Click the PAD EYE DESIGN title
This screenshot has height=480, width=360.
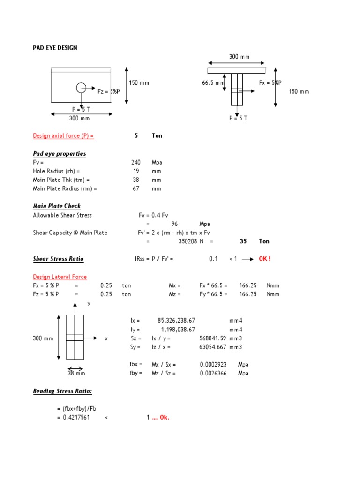click(55, 48)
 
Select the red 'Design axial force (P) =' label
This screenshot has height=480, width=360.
click(63, 135)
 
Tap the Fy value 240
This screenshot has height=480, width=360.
click(136, 162)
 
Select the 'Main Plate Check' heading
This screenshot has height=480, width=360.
click(57, 206)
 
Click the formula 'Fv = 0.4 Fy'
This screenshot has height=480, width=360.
click(153, 215)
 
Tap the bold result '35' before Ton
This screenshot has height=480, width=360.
click(243, 241)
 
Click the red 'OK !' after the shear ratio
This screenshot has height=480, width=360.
click(265, 259)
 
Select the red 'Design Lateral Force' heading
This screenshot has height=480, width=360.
click(60, 277)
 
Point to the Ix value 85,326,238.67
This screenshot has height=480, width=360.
click(176, 321)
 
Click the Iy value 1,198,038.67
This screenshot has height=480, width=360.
click(178, 330)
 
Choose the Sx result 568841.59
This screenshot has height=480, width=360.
click(213, 338)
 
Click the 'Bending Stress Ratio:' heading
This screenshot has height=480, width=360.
click(62, 391)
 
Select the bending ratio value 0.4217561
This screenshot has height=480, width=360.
click(76, 418)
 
